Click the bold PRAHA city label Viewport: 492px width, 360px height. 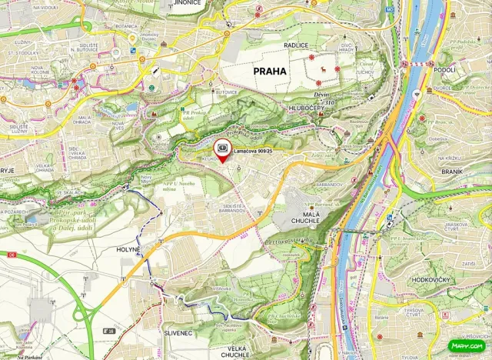[x=263, y=71]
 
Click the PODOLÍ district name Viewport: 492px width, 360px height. [x=444, y=69]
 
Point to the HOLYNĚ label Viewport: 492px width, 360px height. [x=128, y=249]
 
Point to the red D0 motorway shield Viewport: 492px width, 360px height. [x=12, y=255]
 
